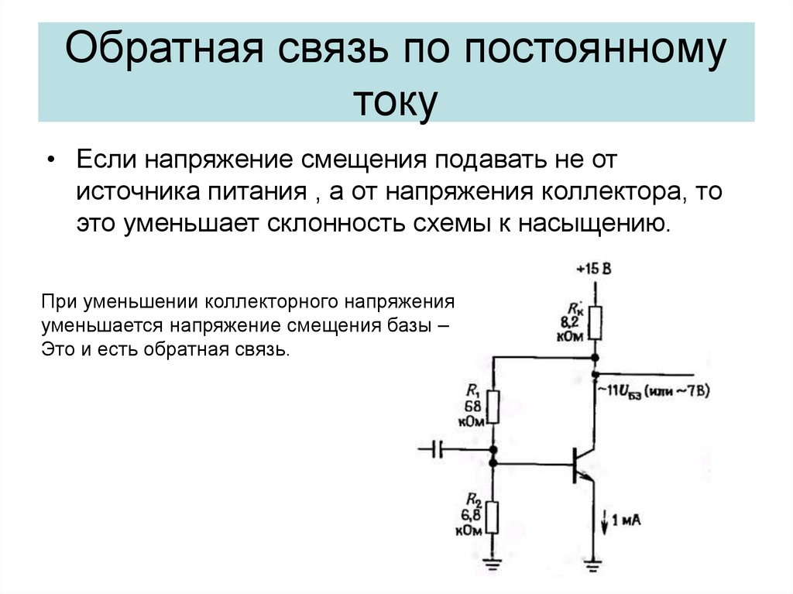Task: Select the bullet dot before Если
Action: (x=50, y=159)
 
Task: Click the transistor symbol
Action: (x=582, y=464)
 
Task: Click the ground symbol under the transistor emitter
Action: (x=594, y=566)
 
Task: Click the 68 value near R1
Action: (x=473, y=407)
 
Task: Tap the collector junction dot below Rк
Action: (x=595, y=358)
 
